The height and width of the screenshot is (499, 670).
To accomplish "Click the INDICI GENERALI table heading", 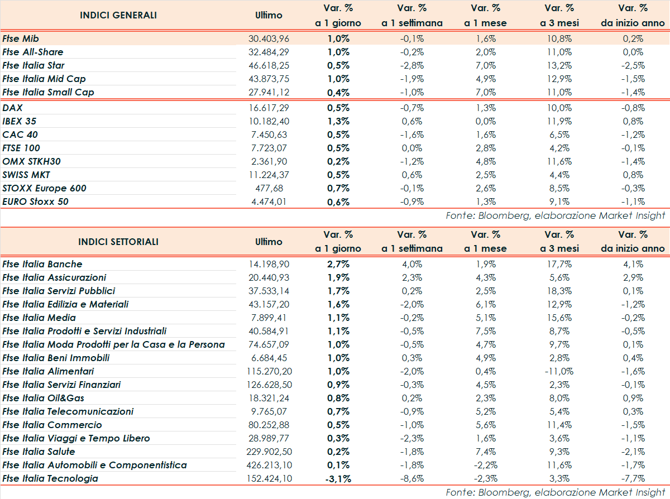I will click(x=118, y=15).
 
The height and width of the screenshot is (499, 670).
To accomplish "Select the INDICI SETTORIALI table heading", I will click(x=118, y=242).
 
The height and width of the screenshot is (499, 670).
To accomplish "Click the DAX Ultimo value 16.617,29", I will click(x=269, y=108).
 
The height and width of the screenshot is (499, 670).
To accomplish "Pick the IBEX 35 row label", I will click(x=20, y=121).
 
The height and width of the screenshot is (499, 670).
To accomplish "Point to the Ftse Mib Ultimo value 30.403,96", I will click(x=269, y=39).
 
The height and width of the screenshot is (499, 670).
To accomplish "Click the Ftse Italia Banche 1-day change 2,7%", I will click(x=338, y=264).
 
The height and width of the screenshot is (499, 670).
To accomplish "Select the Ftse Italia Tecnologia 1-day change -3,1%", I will click(x=337, y=478).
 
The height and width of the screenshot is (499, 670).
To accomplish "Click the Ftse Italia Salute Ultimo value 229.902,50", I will click(x=269, y=452).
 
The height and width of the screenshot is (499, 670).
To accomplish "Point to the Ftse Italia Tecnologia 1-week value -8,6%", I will click(x=412, y=478).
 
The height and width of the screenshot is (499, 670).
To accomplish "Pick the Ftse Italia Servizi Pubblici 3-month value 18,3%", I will click(x=559, y=291).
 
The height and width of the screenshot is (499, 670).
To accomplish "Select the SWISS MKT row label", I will click(x=26, y=175).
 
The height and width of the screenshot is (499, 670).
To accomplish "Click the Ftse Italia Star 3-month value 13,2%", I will click(x=559, y=65).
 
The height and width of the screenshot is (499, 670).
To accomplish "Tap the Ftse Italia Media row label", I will click(x=39, y=318).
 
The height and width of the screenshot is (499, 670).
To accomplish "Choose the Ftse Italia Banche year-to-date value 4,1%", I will click(x=633, y=264).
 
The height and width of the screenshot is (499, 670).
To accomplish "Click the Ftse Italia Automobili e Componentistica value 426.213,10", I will click(x=269, y=465).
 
